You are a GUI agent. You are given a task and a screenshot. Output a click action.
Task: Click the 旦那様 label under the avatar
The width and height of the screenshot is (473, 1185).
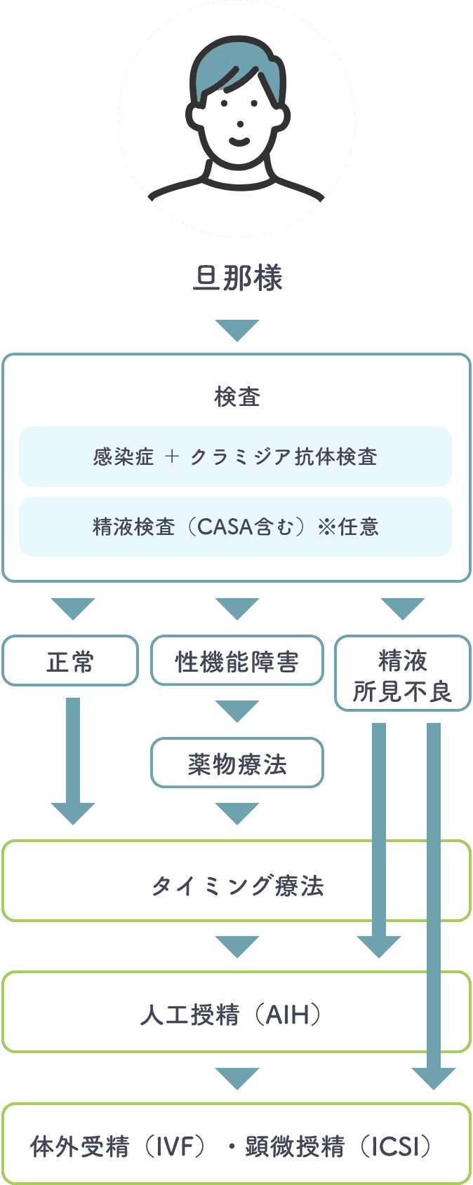coord(237,278)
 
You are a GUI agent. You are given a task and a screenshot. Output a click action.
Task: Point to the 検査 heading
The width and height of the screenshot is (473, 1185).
coord(237,397)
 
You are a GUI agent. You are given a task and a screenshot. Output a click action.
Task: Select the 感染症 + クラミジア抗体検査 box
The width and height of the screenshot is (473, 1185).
coord(235,456)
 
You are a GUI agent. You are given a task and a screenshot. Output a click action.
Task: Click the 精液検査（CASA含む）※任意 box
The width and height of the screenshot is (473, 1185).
coord(235,527)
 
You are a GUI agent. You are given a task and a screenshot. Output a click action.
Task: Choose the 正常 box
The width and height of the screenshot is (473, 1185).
coord(70,661)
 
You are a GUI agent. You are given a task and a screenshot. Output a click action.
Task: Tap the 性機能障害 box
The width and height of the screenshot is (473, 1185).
coord(237,661)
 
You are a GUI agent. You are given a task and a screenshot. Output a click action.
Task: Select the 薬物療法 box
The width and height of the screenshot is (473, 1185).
coord(237,763)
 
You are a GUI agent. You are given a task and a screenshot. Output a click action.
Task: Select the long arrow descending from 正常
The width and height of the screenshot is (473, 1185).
coord(73,757)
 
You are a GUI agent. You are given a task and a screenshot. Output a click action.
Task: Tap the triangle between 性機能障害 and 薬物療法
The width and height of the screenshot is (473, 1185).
coord(237,710)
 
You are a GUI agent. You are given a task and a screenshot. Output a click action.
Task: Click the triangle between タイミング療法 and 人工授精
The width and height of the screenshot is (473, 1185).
coord(237,946)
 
